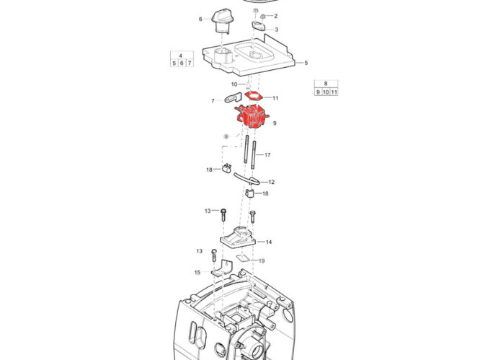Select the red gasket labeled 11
point(254,96)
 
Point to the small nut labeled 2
point(262,16)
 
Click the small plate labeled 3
point(258,26)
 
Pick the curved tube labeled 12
point(246,179)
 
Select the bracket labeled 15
point(221,268)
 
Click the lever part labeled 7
point(234,97)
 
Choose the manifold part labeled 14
point(238,237)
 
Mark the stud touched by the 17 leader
point(254,154)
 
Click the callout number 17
point(267,155)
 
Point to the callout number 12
point(271,182)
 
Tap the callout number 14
point(269,242)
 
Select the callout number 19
point(262,261)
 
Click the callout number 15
point(197,273)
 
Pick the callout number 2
point(275,16)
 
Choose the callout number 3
point(277,30)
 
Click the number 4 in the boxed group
point(181,56)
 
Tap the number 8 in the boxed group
point(326,84)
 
